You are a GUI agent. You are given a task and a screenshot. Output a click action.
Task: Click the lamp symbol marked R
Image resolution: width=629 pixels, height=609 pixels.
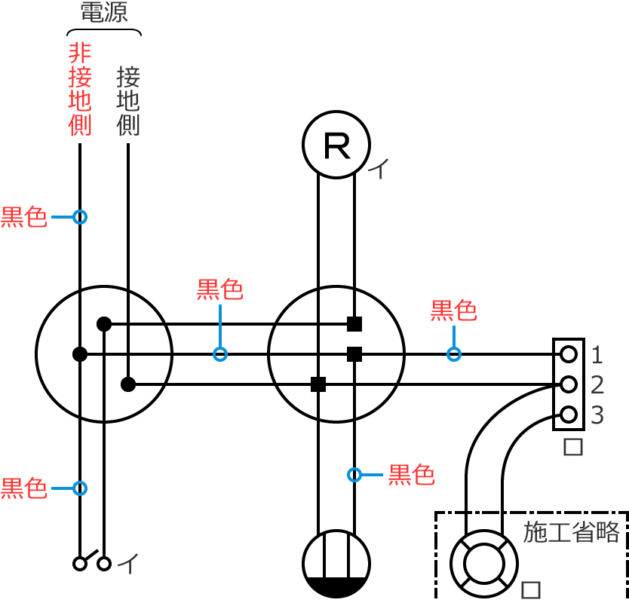click(336, 144)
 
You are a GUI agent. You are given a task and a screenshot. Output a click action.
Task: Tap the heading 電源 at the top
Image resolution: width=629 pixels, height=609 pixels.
click(104, 13)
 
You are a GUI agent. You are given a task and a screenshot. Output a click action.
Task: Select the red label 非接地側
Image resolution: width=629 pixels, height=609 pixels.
click(80, 89)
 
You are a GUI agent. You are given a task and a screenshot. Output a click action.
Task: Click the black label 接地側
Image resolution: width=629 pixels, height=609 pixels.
click(128, 101)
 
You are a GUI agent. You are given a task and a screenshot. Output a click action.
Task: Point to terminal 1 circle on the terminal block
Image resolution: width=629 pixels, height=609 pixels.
click(569, 353)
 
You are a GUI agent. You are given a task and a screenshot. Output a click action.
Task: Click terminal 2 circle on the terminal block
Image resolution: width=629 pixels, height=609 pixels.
click(569, 384)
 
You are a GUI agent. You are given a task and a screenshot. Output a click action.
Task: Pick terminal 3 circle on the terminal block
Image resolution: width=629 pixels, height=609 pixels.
click(569, 415)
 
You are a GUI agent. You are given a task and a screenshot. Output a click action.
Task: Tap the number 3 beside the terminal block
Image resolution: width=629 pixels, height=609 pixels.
click(597, 415)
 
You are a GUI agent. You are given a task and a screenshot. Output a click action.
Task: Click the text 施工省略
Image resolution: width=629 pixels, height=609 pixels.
click(571, 531)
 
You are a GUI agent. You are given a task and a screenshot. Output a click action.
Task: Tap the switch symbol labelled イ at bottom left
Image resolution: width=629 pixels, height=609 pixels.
click(91, 562)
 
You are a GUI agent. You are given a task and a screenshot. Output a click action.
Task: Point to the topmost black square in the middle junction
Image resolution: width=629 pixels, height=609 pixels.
click(354, 324)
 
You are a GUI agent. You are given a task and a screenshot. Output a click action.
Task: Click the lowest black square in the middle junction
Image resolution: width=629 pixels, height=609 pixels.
click(318, 384)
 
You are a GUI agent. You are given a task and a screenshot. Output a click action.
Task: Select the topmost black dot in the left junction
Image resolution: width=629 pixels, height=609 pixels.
click(104, 324)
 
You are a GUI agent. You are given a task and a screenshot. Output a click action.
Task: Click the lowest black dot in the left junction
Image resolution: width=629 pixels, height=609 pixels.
click(128, 384)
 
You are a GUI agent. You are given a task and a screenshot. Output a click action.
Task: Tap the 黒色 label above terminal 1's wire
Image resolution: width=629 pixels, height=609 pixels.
click(453, 310)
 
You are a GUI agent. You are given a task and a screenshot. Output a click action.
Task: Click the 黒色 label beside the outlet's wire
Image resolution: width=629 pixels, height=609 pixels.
click(411, 475)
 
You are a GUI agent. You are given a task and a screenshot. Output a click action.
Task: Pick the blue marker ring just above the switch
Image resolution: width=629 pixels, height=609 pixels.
click(80, 488)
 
